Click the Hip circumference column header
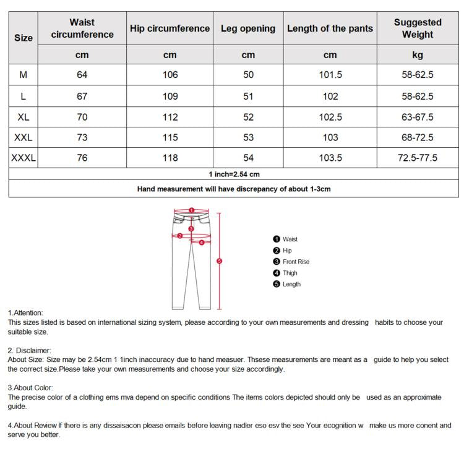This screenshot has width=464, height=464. click(170, 28)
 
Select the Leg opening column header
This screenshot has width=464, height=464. click(248, 28)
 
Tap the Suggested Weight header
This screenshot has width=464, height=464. click(418, 28)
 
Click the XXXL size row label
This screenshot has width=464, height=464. click(24, 158)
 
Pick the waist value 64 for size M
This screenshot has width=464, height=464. click(82, 75)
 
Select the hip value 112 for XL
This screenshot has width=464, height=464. click(170, 117)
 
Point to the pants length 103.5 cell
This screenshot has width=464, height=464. click(330, 158)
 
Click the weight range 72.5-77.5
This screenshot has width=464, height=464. click(418, 158)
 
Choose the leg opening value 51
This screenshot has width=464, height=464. click(248, 96)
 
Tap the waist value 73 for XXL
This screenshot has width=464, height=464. click(82, 137)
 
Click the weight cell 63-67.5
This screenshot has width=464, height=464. click(418, 117)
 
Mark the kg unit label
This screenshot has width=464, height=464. click(418, 55)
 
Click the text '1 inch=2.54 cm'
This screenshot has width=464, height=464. click(234, 174)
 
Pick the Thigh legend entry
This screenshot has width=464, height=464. click(290, 273)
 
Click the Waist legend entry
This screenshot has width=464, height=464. click(290, 239)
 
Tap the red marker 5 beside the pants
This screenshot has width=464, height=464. click(219, 261)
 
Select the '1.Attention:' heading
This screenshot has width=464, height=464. click(26, 313)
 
